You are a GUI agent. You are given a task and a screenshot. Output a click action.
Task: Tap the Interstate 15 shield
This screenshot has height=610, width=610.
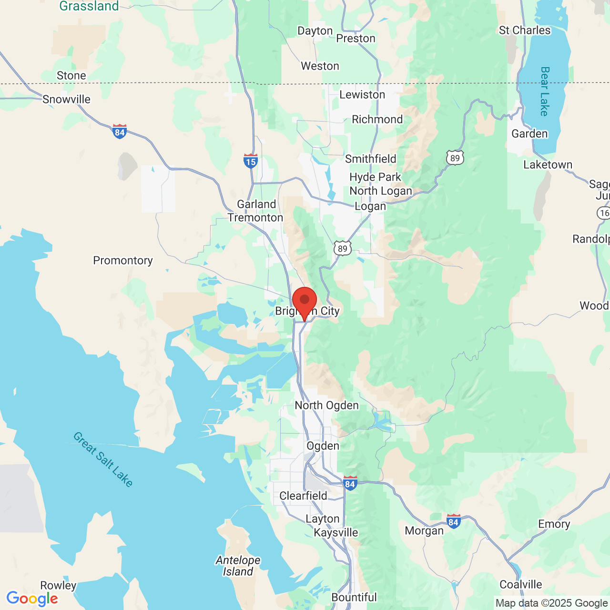(x=251, y=161)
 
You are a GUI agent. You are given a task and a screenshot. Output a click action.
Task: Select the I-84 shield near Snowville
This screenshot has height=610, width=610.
(x=120, y=131)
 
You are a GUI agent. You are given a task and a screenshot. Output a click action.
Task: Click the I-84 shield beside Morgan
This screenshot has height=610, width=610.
(x=453, y=521)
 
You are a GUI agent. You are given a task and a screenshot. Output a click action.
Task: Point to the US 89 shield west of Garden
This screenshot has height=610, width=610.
(x=455, y=157)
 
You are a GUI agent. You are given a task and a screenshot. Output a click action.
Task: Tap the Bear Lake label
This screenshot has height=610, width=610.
(x=545, y=91)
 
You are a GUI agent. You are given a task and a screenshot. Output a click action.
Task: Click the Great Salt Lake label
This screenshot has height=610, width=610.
(x=103, y=459)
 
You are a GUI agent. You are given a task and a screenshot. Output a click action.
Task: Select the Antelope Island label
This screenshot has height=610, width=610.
(x=238, y=566)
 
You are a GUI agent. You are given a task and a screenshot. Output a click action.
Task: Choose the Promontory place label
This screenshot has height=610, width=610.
(x=123, y=260)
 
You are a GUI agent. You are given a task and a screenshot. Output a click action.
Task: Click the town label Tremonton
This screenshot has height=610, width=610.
(x=255, y=217)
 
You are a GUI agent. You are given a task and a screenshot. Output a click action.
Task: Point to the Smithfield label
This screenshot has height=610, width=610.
(x=371, y=159)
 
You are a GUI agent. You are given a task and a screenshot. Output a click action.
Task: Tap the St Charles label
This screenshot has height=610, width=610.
(x=525, y=30)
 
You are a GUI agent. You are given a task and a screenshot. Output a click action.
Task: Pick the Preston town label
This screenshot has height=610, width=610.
(x=356, y=38)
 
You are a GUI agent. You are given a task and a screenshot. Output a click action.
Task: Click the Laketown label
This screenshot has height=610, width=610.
(x=548, y=164)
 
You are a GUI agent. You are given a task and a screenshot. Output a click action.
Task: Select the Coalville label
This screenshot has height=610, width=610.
(x=521, y=584)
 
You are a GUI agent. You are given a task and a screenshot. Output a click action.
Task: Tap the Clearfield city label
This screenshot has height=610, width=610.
(x=304, y=496)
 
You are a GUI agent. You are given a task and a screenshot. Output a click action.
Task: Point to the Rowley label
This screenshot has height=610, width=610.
(x=58, y=585)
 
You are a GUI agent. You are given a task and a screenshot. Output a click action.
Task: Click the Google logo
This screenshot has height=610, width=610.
(x=32, y=599)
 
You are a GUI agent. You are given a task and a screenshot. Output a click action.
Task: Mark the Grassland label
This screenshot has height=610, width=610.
(x=89, y=6)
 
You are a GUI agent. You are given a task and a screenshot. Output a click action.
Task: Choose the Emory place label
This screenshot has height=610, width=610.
(x=554, y=524)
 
